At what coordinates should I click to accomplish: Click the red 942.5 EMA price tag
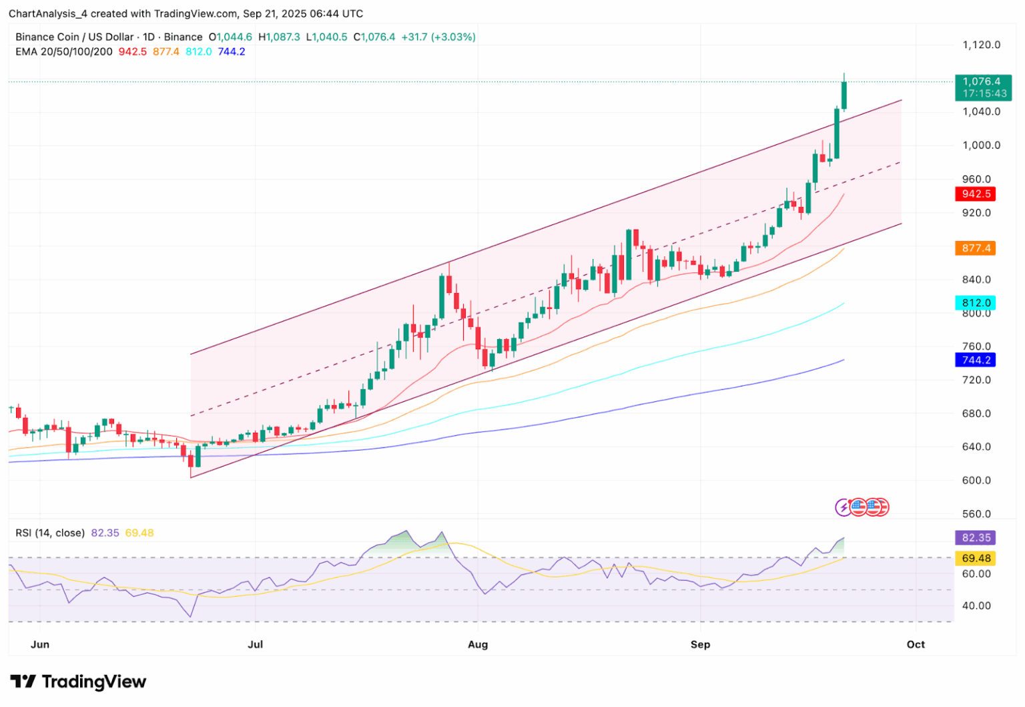(976, 194)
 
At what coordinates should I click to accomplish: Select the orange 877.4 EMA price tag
(976, 248)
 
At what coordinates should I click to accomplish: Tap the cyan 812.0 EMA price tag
(976, 303)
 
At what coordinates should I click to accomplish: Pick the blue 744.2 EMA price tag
(976, 361)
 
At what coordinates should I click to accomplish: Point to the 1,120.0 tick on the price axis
(981, 45)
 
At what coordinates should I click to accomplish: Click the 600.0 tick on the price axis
(976, 481)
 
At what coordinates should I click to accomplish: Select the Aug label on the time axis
(478, 645)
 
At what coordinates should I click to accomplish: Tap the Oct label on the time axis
(916, 645)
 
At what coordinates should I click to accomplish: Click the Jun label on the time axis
(40, 645)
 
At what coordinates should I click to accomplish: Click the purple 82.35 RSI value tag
(976, 538)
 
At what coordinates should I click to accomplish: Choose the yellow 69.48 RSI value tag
(976, 558)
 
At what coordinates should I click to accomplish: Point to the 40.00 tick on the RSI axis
(976, 606)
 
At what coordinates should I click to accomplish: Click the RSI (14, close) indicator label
(50, 533)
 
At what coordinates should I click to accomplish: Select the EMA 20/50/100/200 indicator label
(64, 52)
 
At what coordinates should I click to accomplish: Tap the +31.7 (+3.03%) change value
(438, 37)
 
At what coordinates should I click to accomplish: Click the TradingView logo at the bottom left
(78, 682)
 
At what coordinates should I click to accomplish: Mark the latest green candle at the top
(844, 95)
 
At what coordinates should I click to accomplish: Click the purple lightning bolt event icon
(843, 507)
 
